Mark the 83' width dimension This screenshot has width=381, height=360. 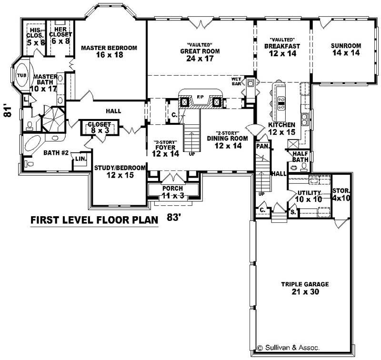[175, 217]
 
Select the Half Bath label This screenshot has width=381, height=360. [300, 156]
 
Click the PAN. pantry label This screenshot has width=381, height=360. [262, 147]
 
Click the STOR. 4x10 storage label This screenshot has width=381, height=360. [341, 194]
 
